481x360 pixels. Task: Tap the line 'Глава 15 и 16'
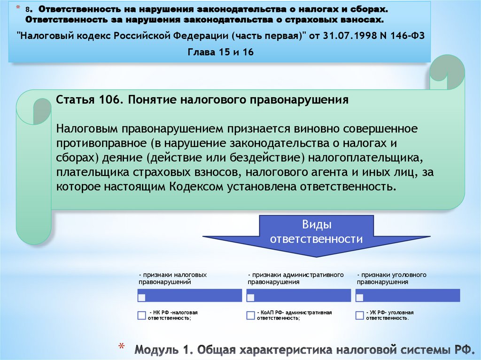[221, 52]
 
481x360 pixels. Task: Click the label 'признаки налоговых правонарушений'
[172, 278]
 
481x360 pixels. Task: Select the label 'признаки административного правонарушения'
[295, 278]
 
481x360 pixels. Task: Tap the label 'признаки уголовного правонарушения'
[391, 278]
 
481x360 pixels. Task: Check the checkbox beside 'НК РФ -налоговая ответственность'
[142, 315]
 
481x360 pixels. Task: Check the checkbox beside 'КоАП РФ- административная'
[251, 315]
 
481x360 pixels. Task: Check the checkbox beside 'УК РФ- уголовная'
[360, 315]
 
